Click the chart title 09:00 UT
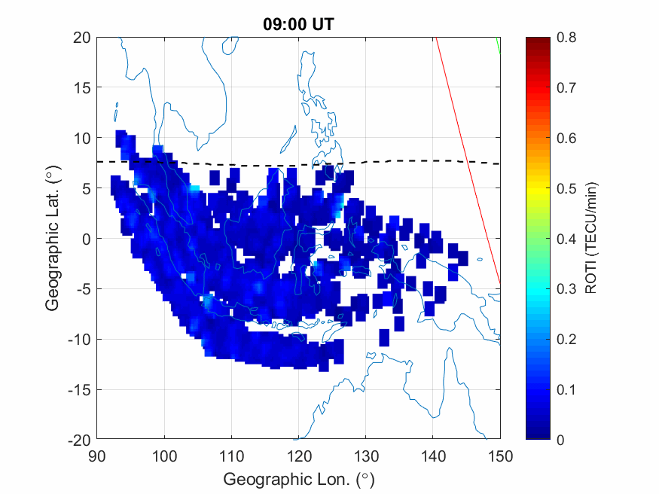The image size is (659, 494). (298, 24)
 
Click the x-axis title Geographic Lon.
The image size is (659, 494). (298, 479)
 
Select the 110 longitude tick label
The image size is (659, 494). (232, 456)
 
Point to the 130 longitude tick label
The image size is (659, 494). (366, 456)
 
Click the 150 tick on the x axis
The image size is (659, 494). (500, 456)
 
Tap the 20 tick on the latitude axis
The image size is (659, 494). (84, 38)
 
